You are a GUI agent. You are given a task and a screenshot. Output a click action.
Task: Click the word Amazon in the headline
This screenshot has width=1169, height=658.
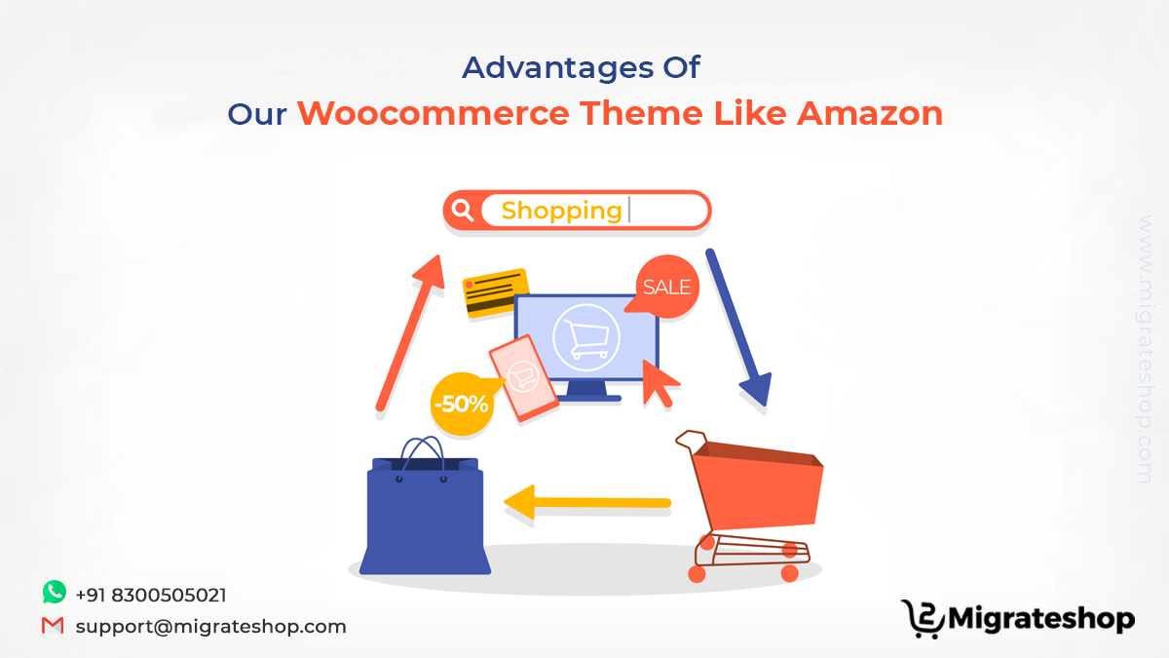click(870, 113)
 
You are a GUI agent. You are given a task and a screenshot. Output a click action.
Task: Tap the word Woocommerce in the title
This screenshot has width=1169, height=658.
click(434, 113)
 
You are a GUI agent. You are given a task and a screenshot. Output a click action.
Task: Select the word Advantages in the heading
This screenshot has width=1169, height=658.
click(557, 69)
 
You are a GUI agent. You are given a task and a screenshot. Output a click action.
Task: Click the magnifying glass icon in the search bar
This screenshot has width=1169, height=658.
click(463, 211)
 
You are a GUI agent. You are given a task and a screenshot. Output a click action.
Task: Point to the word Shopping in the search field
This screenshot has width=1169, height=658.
click(561, 212)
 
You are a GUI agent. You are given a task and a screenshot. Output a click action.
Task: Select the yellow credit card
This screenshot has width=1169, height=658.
click(495, 292)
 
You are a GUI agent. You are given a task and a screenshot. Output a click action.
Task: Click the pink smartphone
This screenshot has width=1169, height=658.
click(523, 377)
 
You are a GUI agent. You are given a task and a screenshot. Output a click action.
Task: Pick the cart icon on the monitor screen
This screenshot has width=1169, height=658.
click(586, 338)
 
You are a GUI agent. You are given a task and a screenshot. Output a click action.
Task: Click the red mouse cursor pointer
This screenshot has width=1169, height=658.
click(659, 384)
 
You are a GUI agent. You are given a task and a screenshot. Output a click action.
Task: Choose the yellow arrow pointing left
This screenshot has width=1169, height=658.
click(587, 502)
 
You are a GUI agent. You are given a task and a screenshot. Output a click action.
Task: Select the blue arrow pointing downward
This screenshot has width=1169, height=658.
click(738, 328)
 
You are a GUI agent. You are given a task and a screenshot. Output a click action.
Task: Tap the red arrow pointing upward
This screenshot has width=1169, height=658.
click(410, 332)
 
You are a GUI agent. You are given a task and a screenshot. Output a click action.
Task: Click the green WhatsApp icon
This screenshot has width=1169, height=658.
click(55, 593)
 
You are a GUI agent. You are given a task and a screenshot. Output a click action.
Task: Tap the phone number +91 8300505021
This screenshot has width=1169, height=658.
click(151, 595)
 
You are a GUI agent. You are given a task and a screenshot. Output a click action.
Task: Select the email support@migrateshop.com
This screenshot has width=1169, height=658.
click(210, 626)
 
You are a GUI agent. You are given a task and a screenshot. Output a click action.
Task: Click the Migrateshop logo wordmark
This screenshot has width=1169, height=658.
click(1041, 619)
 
